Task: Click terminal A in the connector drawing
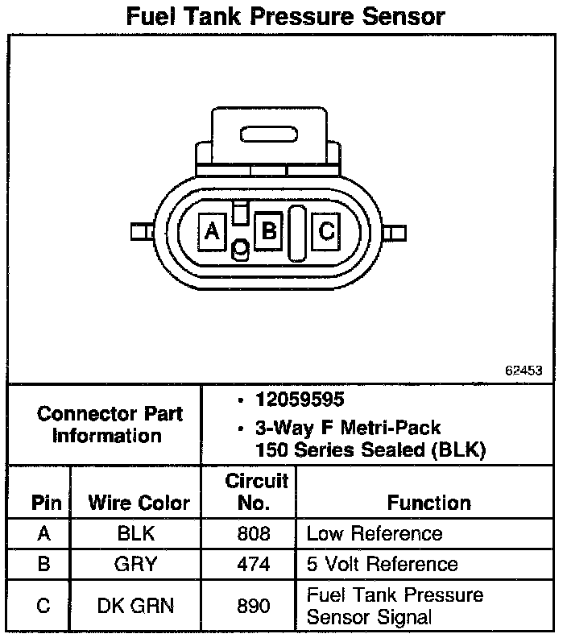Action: click(x=213, y=232)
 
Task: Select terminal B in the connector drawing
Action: click(x=268, y=231)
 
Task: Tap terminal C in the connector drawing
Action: click(x=326, y=231)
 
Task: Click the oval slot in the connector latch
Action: click(x=269, y=135)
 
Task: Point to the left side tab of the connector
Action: click(x=142, y=231)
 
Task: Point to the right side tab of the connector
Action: click(x=394, y=233)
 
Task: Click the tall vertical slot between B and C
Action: click(x=297, y=233)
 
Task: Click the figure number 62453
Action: click(x=524, y=371)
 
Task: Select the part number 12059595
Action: click(x=300, y=400)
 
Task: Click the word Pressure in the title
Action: click(x=302, y=17)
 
